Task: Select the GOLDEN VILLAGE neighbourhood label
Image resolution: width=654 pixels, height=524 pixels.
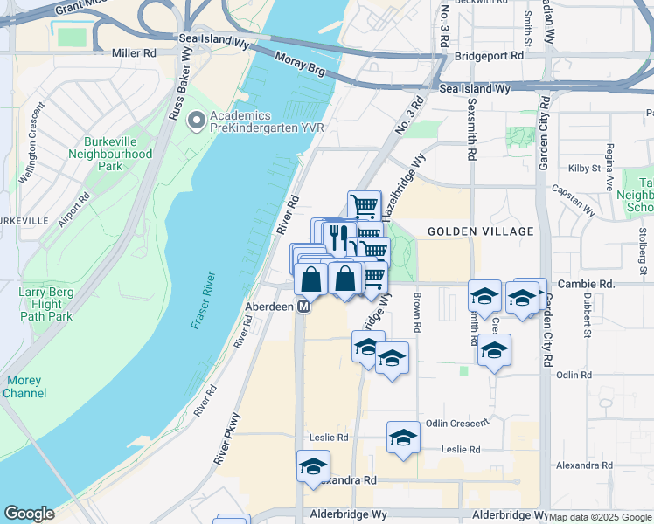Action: tap(480, 231)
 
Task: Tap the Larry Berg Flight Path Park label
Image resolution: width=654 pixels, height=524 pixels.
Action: tap(46, 305)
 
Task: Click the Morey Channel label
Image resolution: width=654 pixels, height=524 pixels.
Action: tap(25, 387)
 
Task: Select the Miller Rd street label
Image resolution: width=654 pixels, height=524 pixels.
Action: tap(133, 53)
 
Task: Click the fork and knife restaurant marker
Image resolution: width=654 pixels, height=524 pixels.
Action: tap(339, 237)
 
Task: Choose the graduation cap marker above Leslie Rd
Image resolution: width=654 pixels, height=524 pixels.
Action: tap(403, 437)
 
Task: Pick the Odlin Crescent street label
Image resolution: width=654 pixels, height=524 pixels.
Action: tap(456, 424)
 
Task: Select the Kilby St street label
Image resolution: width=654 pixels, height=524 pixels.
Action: tap(583, 167)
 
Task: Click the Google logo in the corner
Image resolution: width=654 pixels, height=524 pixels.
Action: tap(29, 514)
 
